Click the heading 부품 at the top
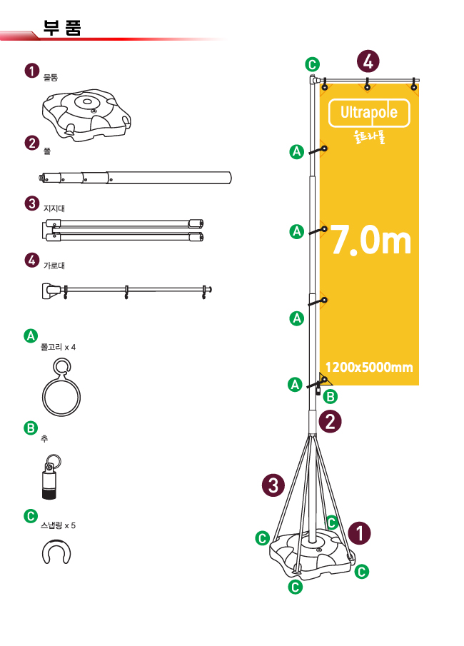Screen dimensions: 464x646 [x=62, y=28]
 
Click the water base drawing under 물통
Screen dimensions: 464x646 [x=86, y=115]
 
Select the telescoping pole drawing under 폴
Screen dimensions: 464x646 [x=135, y=178]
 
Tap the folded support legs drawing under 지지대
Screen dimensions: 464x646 [x=122, y=231]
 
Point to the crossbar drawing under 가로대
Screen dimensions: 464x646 [x=126, y=290]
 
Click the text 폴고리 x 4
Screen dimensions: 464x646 [x=58, y=348]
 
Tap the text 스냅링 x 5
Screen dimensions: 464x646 [x=58, y=525]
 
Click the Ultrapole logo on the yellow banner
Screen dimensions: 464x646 [x=369, y=113]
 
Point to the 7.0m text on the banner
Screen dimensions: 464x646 [x=371, y=240]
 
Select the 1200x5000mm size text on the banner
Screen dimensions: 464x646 [x=369, y=367]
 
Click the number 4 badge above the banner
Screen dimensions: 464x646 [x=368, y=61]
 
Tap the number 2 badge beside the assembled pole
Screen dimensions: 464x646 [x=330, y=421]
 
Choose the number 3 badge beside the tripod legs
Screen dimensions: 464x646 [x=273, y=485]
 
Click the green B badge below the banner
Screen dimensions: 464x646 [x=330, y=397]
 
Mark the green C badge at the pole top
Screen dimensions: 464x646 [x=313, y=65]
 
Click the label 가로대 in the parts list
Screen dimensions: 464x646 [x=54, y=266]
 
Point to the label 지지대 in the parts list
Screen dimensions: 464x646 [x=54, y=208]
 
